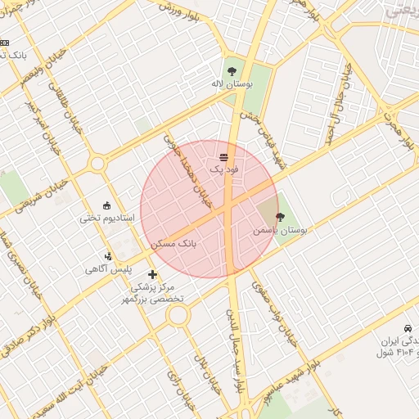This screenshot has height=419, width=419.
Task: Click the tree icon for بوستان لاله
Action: (x=233, y=70)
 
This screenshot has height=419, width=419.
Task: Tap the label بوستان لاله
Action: (x=233, y=83)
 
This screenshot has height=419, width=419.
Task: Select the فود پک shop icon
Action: (x=223, y=156)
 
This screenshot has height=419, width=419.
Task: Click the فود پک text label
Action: (x=223, y=169)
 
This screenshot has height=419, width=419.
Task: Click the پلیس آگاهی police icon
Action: (x=109, y=257)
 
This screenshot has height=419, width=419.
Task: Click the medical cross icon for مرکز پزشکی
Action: (x=152, y=274)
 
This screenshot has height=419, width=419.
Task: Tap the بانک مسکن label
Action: (x=174, y=243)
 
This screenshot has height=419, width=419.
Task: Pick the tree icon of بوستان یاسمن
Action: (x=281, y=218)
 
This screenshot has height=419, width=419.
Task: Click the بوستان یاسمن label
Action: (x=281, y=232)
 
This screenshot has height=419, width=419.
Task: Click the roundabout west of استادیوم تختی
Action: (x=97, y=164)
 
